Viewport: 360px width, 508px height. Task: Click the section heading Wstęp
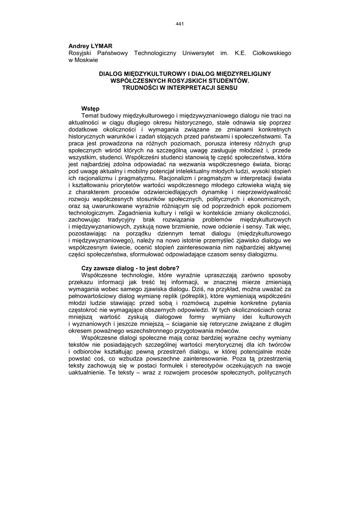[x=90, y=109]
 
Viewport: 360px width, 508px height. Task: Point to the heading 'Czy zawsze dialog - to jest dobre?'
[x=130, y=268]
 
